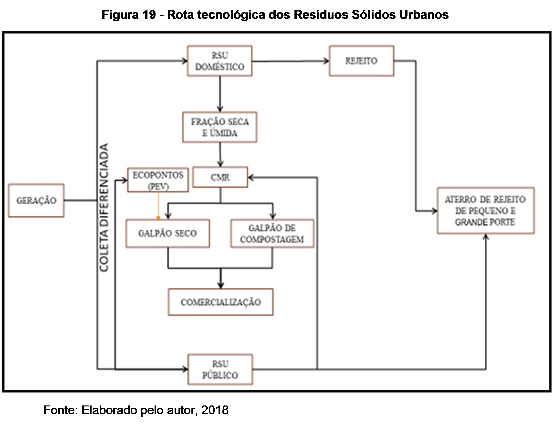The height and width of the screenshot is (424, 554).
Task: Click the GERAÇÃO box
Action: (x=36, y=201)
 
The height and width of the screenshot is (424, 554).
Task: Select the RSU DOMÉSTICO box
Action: (x=220, y=61)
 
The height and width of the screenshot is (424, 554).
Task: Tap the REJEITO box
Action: (x=361, y=61)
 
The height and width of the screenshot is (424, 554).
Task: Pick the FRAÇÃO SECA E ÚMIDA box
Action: (x=220, y=127)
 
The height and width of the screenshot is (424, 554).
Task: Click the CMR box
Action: (x=220, y=177)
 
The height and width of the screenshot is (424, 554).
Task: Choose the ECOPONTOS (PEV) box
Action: (x=158, y=180)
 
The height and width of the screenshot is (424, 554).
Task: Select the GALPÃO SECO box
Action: (x=167, y=233)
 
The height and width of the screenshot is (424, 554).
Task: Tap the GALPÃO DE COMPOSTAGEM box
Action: (x=272, y=233)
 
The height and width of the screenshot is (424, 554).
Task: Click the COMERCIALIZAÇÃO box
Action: (x=220, y=302)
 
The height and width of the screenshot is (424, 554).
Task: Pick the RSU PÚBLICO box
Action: (x=220, y=370)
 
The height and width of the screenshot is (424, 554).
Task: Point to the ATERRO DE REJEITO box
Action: (x=486, y=211)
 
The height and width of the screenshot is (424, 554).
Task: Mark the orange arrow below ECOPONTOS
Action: (x=158, y=206)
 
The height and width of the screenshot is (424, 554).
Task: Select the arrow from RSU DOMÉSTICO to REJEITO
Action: (x=291, y=61)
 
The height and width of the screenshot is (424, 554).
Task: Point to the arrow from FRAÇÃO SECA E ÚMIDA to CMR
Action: (x=220, y=154)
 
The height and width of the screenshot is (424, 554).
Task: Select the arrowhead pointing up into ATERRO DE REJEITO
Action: (x=486, y=237)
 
